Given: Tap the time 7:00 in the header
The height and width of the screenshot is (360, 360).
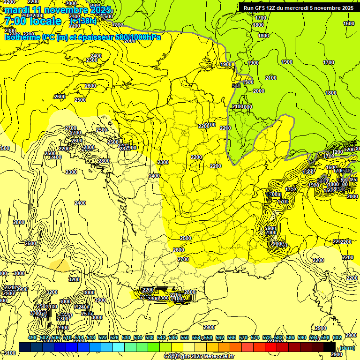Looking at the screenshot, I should coord(16,21).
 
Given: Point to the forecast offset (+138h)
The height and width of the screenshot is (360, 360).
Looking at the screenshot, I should coord(83,21).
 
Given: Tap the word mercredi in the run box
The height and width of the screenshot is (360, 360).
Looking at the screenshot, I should coord(301,8).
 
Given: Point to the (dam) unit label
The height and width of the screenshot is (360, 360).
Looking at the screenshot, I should coord(346,348).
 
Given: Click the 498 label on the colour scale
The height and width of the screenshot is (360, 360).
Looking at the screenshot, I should coord(32,337).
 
